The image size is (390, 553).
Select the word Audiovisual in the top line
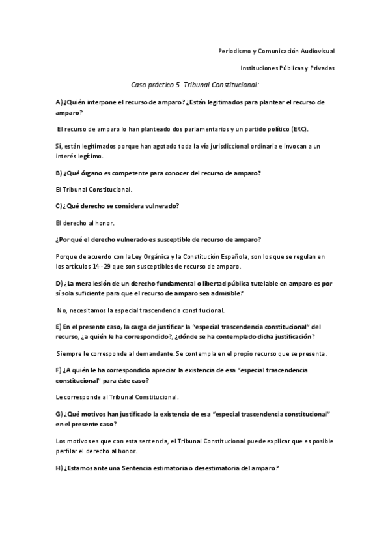point(317,50)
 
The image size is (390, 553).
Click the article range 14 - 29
point(100,266)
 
